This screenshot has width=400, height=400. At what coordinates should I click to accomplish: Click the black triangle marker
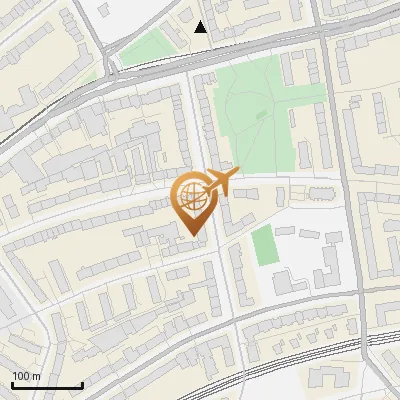(201, 27)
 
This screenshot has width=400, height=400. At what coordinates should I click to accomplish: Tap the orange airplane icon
(220, 182)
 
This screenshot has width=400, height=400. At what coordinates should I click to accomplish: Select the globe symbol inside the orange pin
(190, 195)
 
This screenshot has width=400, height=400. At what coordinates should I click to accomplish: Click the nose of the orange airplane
(238, 172)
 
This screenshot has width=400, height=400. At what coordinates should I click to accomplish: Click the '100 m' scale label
(26, 376)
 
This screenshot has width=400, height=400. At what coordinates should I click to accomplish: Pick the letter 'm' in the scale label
(36, 376)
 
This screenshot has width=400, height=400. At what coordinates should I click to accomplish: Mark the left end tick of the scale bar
(12, 384)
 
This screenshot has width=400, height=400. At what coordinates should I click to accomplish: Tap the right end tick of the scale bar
(81, 384)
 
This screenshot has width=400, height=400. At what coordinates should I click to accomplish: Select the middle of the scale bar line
(46, 386)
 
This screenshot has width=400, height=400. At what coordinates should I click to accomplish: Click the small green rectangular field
(262, 246)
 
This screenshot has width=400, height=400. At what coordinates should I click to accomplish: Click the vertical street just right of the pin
(216, 260)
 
